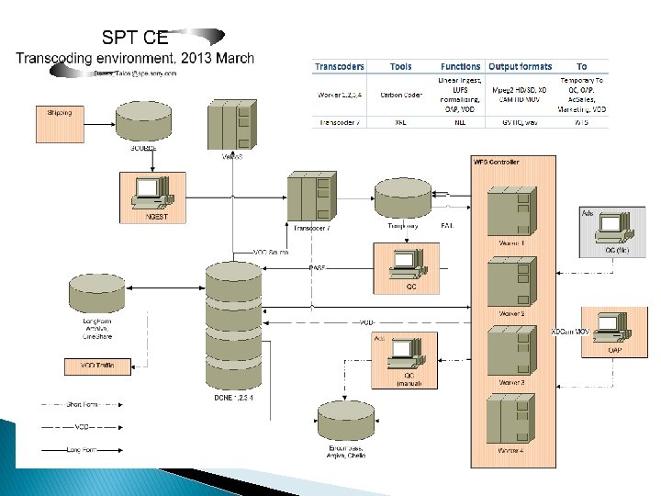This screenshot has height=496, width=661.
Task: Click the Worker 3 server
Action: (x=510, y=352)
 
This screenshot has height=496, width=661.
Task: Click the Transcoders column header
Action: (x=339, y=66)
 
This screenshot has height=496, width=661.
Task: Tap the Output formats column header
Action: (x=520, y=66)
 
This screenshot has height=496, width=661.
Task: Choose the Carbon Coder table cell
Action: (x=400, y=94)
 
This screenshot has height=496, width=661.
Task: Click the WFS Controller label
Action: (x=496, y=162)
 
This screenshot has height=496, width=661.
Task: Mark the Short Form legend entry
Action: (x=91, y=403)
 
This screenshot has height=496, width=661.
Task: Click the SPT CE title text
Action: (x=135, y=38)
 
